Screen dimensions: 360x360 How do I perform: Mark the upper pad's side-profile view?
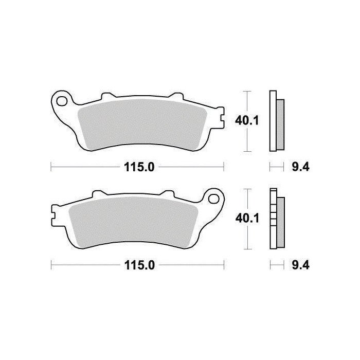tap(276, 121)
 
